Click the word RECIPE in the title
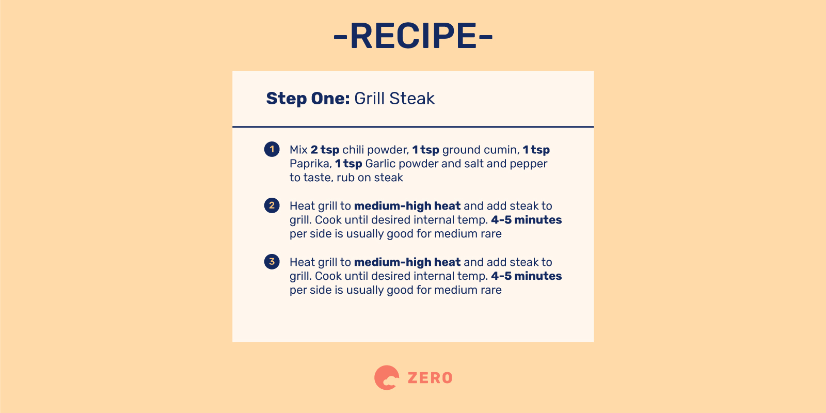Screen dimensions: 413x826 pyautogui.click(x=413, y=36)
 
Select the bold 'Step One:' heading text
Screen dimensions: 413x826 pyautogui.click(x=308, y=99)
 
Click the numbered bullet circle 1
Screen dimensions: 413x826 pyautogui.click(x=272, y=149)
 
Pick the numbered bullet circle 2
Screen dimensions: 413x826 pyautogui.click(x=272, y=205)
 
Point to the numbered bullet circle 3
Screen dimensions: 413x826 pyautogui.click(x=272, y=262)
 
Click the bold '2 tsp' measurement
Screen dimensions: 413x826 pyautogui.click(x=325, y=150)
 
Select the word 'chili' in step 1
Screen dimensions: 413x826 pyautogui.click(x=353, y=150)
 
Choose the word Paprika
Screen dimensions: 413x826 pyautogui.click(x=310, y=164)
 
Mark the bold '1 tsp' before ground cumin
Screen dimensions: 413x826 pyautogui.click(x=425, y=150)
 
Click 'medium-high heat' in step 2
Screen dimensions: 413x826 pyautogui.click(x=407, y=206)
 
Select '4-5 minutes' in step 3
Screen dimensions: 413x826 pyautogui.click(x=526, y=276)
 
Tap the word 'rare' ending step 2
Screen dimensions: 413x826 pyautogui.click(x=491, y=234)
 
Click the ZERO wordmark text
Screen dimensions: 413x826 pyautogui.click(x=430, y=378)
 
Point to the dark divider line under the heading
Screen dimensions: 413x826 pyautogui.click(x=413, y=126)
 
